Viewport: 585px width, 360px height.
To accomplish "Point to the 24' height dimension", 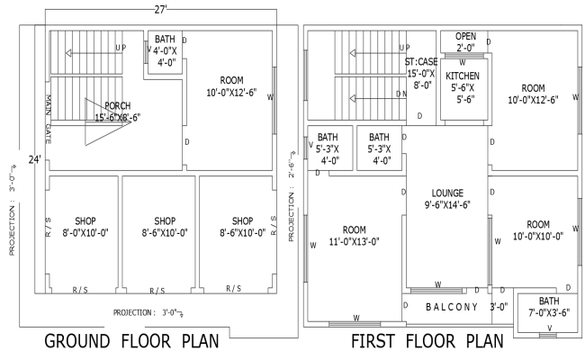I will [33, 159].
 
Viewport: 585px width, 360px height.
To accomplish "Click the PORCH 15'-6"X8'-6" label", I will [124, 111].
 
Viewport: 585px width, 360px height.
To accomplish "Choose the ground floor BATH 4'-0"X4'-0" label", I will [165, 51].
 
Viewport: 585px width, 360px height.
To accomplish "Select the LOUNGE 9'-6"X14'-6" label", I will [446, 199].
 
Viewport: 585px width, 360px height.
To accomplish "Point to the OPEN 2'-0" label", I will [465, 42].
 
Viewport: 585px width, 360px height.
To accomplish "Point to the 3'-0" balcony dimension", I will [499, 307].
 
